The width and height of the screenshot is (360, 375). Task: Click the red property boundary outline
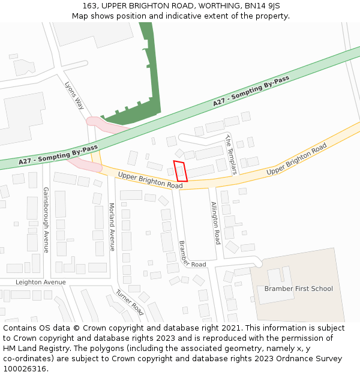(181, 171)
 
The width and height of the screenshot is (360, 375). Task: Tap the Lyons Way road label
(74, 95)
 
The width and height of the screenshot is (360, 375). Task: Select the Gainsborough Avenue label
(46, 220)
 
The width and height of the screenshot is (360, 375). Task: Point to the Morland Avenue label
(112, 226)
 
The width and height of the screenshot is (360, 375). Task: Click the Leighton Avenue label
(41, 282)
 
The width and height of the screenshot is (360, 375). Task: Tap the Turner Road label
(130, 302)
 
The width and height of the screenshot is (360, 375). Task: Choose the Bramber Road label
(192, 254)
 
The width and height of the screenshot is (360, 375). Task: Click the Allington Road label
(216, 223)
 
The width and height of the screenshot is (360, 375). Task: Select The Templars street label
(231, 154)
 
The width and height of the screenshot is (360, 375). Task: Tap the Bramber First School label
(298, 289)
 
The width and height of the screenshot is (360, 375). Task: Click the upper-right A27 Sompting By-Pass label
(251, 92)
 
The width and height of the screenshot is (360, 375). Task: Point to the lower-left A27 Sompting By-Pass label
(58, 155)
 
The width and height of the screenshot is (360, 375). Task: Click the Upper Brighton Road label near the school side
(296, 159)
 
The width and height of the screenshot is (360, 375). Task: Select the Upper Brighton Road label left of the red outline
(150, 181)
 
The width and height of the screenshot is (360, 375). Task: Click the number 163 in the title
(90, 6)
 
